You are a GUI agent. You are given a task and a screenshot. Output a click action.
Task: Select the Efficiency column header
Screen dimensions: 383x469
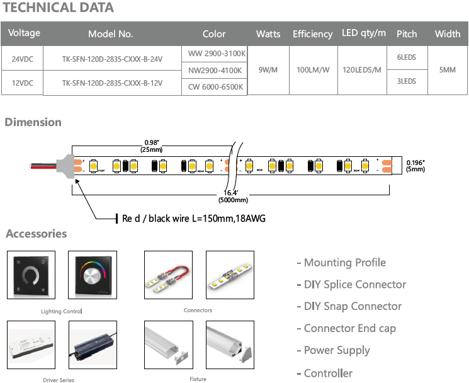tap(312, 34)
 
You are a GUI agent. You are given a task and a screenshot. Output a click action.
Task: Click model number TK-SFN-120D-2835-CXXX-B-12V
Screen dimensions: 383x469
tap(112, 83)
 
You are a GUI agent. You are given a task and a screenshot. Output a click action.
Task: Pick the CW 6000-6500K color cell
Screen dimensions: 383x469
tap(216, 87)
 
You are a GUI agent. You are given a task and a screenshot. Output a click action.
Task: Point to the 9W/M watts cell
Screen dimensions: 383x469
tap(268, 70)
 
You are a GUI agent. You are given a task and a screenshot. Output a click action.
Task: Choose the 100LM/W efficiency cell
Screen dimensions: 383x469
tap(313, 70)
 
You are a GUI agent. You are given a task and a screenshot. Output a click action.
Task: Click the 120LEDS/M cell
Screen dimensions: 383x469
tap(364, 70)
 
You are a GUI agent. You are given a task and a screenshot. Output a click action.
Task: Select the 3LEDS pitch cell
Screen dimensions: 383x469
tap(407, 81)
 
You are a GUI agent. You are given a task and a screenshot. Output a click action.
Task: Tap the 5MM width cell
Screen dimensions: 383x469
tap(447, 70)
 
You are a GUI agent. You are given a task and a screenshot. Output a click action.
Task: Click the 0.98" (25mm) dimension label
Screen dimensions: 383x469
tap(151, 146)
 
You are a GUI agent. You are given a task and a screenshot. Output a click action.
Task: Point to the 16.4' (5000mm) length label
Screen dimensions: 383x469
tap(233, 196)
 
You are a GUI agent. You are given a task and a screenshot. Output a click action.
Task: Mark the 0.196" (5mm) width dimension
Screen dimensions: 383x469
tap(416, 165)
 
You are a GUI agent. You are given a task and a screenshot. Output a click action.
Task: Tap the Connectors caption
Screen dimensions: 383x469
tap(198, 310)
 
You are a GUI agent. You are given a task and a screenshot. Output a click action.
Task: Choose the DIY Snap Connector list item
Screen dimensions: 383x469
tap(350, 306)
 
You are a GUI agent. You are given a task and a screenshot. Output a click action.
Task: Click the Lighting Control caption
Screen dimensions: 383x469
tap(62, 311)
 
